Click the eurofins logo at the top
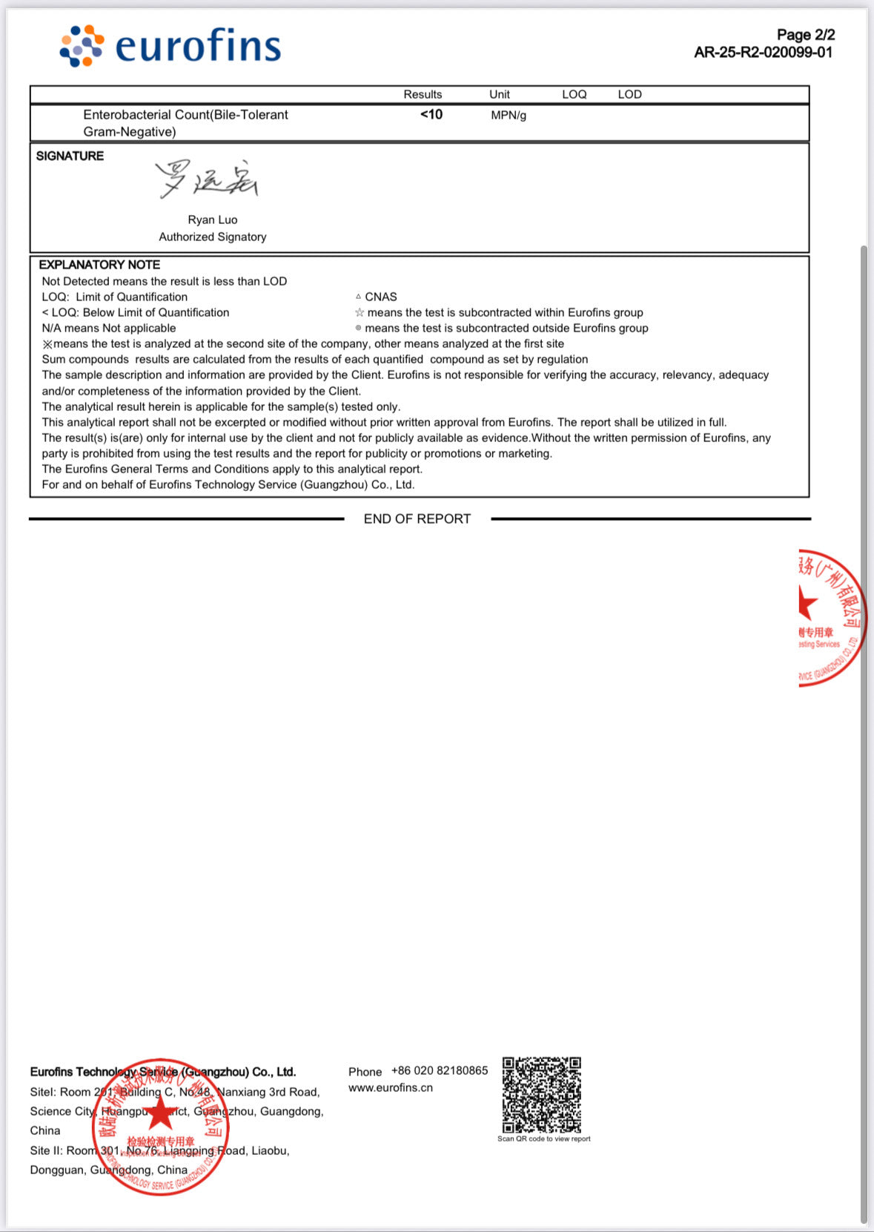tap(171, 46)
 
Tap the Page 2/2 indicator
tap(805, 35)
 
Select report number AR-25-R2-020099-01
tap(763, 53)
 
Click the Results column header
tap(423, 94)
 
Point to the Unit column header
tap(499, 94)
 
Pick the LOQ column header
tap(574, 94)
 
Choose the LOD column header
tap(629, 94)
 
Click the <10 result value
tap(431, 114)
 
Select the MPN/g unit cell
tap(509, 115)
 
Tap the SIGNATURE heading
tap(70, 156)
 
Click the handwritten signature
tap(206, 179)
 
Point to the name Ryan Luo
tap(213, 220)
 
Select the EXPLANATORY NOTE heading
tap(99, 265)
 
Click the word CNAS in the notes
tap(380, 297)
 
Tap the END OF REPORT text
tap(417, 519)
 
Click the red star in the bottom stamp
tap(160, 1113)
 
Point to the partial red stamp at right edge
tap(830, 618)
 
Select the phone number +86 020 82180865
tap(440, 1070)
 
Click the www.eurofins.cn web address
tap(391, 1087)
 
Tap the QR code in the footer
tap(542, 1095)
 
